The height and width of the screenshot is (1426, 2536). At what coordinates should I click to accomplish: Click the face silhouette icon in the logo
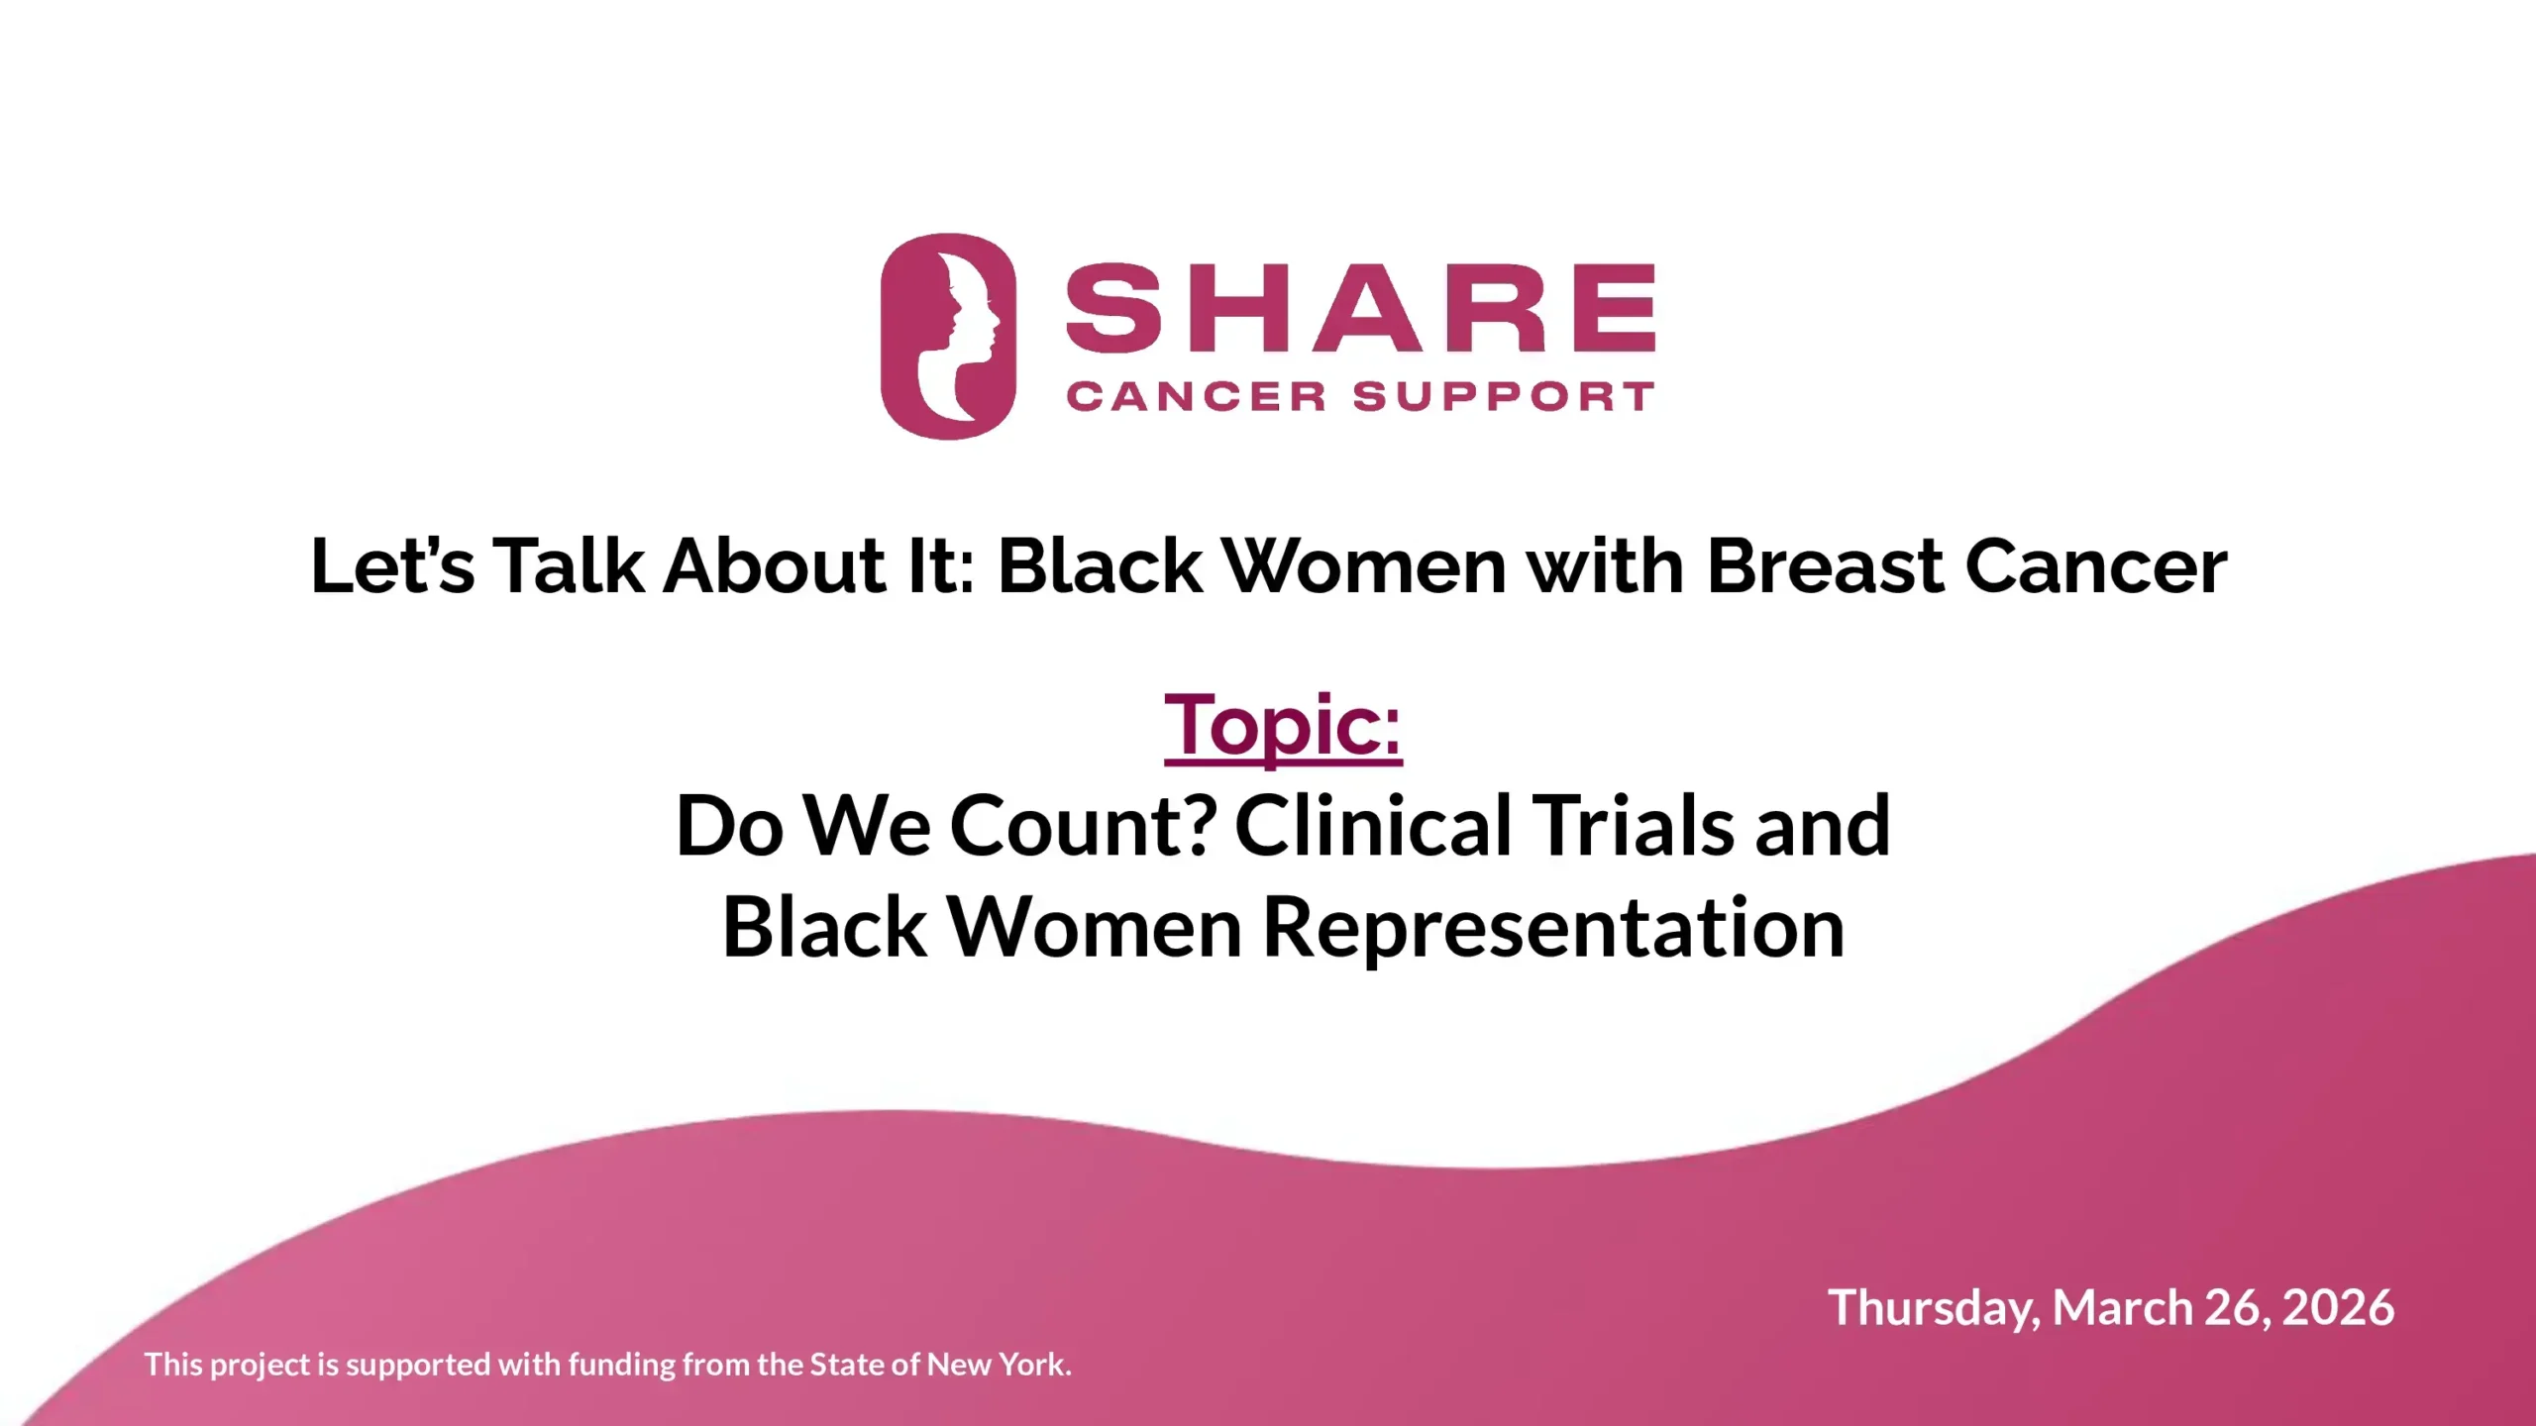tap(948, 337)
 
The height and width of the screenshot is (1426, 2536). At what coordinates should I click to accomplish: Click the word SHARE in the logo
tap(1359, 308)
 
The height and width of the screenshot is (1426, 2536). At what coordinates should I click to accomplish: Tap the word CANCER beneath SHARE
tap(1196, 397)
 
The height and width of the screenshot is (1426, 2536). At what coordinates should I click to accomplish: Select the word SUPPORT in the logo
tap(1503, 397)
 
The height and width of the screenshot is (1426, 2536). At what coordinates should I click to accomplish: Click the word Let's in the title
tap(392, 566)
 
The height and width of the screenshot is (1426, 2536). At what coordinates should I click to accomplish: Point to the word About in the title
tap(774, 566)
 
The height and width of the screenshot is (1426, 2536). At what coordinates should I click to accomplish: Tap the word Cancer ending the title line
tap(2096, 566)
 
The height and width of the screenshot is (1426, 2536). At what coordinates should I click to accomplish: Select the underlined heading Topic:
tap(1283, 726)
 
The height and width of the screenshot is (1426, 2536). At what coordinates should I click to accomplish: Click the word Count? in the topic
tap(1083, 826)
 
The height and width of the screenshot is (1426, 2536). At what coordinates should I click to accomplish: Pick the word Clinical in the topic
tap(1373, 826)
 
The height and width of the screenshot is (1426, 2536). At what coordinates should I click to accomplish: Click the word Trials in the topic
tap(1633, 826)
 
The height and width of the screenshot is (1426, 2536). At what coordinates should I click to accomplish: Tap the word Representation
tap(1553, 928)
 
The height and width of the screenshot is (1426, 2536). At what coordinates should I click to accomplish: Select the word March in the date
tap(2121, 1308)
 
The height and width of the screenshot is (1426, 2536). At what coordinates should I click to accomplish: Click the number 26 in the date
tap(2235, 1308)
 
